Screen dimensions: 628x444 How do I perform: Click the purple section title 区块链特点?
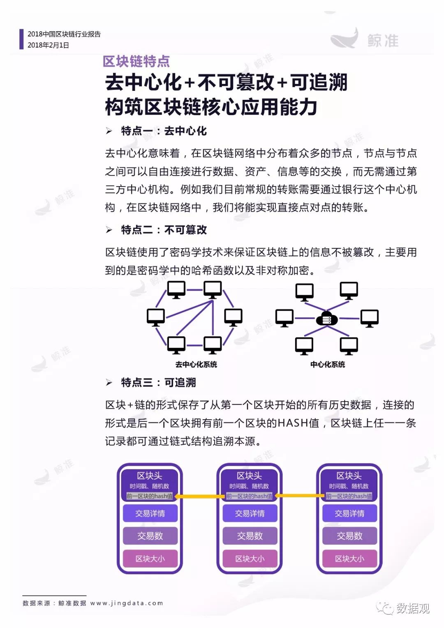136,62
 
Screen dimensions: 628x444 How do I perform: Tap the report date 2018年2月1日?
48,45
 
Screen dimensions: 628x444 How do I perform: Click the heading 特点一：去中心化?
164,131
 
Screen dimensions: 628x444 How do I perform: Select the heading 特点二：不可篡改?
164,230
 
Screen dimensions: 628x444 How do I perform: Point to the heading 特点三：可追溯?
158,383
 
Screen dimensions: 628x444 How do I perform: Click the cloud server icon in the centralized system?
327,319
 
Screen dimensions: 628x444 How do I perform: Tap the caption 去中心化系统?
196,365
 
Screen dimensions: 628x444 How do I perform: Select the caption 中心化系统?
328,365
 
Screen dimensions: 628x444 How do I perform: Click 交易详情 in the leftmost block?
150,513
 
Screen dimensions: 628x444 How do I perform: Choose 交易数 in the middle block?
250,536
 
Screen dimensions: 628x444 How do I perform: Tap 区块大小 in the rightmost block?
349,559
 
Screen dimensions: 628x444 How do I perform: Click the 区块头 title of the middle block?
250,476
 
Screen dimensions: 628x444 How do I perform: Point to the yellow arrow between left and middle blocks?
199,496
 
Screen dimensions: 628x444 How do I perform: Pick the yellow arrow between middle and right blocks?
299,496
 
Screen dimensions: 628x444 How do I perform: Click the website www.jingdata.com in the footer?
127,603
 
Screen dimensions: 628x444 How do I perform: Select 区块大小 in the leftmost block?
150,559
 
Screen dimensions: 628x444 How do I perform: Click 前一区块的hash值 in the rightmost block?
349,496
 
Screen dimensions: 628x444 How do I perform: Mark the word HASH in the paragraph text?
293,423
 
